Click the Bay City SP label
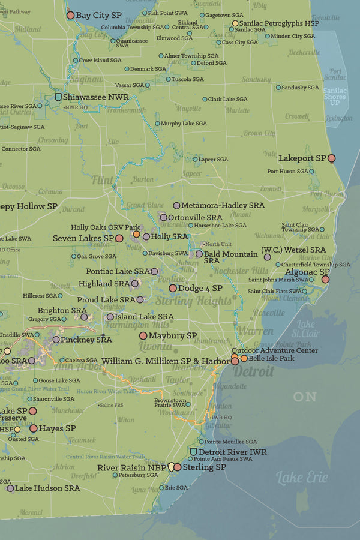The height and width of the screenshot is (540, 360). coord(99,14)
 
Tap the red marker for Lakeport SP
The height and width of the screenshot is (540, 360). coord(331,158)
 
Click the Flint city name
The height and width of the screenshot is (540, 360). coord(103,179)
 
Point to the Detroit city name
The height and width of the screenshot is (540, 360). coord(253,371)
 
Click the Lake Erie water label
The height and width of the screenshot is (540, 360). coord(302,478)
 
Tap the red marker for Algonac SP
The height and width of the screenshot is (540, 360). coord(325,279)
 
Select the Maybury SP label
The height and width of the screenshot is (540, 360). coord(173,335)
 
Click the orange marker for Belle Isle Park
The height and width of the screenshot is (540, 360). coord(244,358)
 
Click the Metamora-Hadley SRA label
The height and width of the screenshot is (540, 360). coord(223,205)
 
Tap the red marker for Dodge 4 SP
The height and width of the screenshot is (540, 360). coord(173,288)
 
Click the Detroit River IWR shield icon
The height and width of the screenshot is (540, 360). coord(193,451)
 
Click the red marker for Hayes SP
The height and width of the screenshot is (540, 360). coord(34,428)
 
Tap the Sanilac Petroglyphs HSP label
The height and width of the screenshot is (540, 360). coord(277,23)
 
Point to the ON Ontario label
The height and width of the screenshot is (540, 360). coord(305,397)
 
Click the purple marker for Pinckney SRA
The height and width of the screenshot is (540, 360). coord(56,340)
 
